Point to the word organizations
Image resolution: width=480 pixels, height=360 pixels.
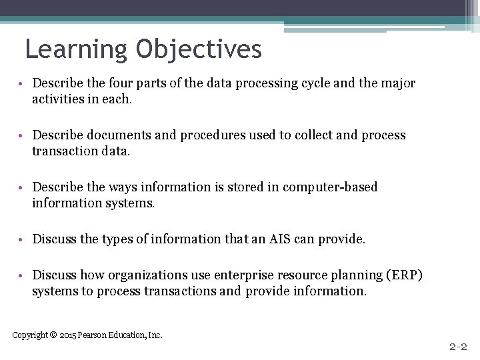139,275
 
